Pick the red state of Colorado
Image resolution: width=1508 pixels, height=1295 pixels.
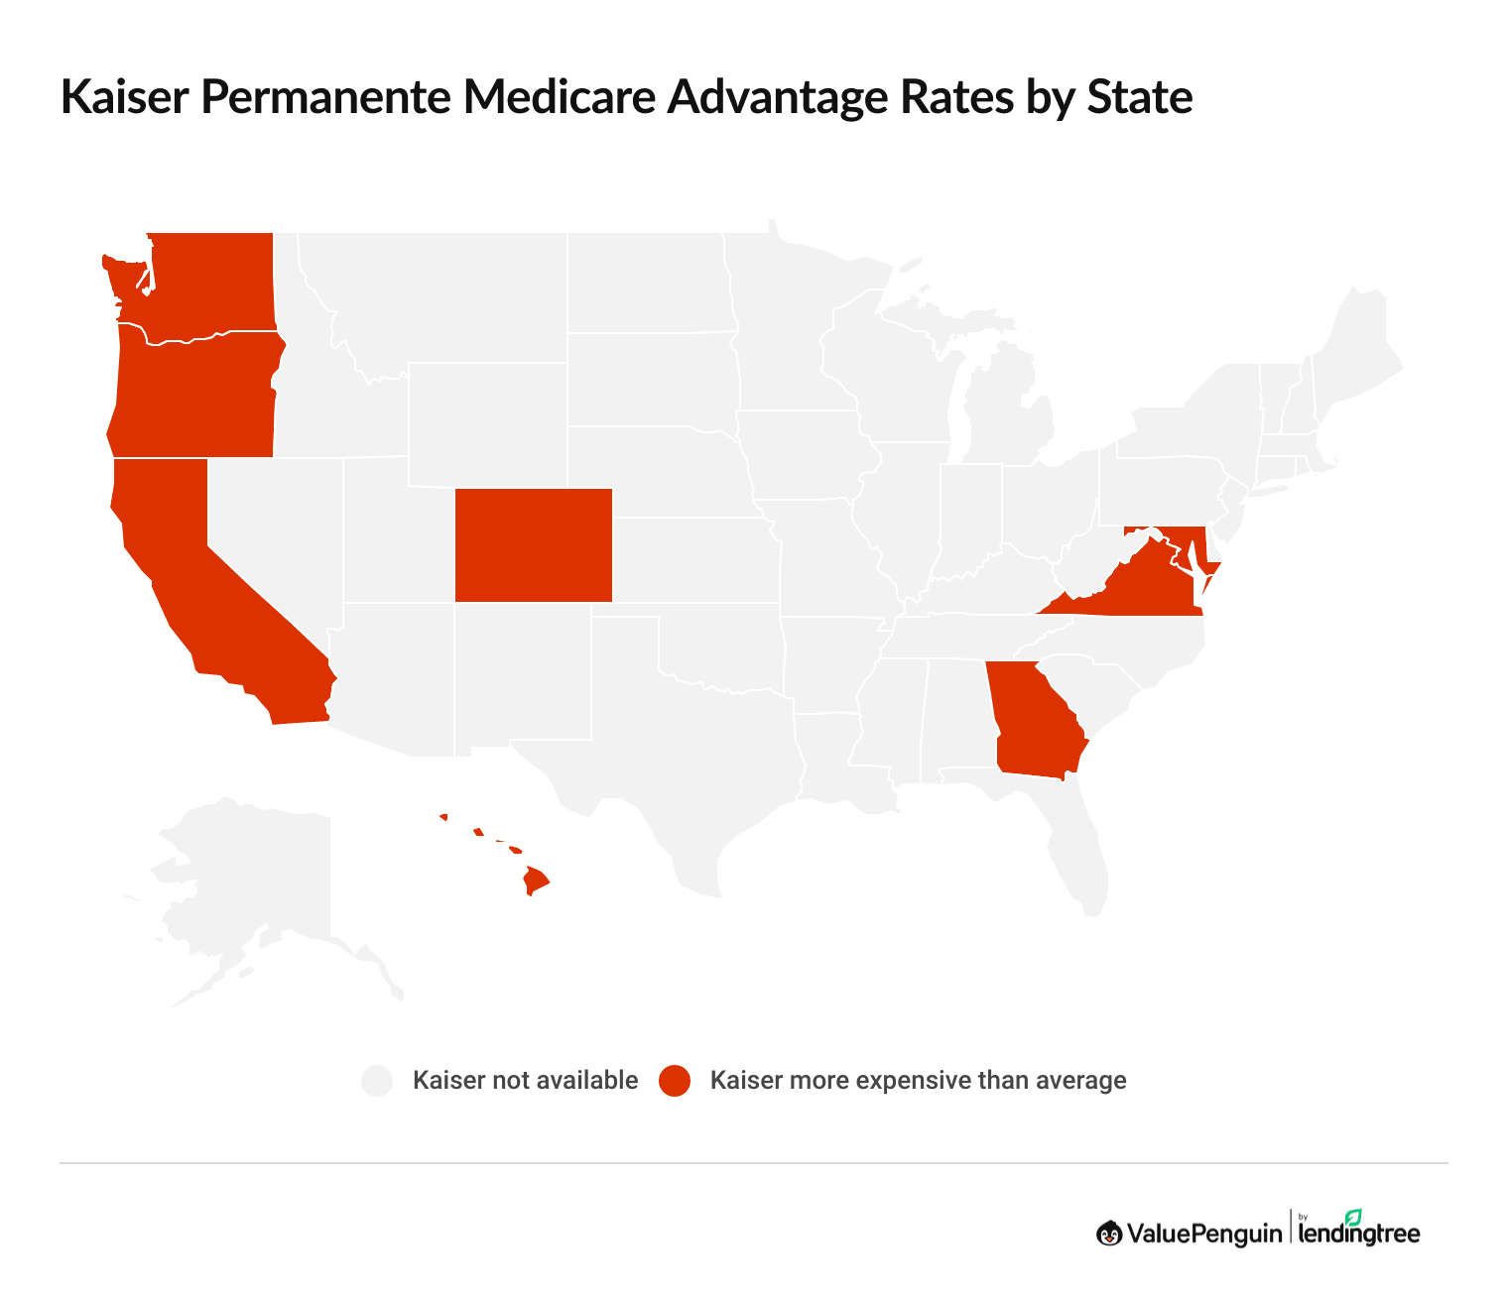coord(533,545)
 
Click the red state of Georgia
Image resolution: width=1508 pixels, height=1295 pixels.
coord(1032,724)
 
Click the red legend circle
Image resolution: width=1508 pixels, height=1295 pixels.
coord(675,1081)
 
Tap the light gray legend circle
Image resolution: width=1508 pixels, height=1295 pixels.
coord(377,1081)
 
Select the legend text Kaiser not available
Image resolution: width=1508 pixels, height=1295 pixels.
coord(525,1081)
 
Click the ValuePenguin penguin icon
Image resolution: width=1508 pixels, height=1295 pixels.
coord(1108,1234)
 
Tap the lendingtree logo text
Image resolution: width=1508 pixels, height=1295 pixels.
coord(1358,1234)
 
